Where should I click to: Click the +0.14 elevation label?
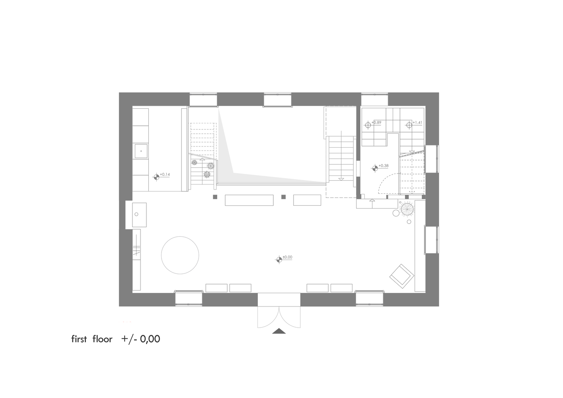coord(165,175)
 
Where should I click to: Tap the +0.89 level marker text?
coord(376,123)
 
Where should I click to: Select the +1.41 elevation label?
coord(417,123)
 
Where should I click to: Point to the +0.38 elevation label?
coord(384,166)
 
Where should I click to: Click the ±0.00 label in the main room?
coord(287,257)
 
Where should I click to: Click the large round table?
coord(180,255)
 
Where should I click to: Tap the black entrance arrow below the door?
coord(279,331)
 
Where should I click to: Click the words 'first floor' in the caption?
coord(92,339)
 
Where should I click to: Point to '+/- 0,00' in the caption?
coord(141,339)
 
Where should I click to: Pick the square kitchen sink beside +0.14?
coord(141,152)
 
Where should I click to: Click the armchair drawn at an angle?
coord(401,275)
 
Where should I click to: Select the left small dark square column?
coord(215,197)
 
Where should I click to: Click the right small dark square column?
coord(283,197)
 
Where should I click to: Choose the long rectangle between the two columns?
coord(249,200)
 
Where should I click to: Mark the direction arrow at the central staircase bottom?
coord(341,179)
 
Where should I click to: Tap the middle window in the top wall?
coord(277,99)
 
